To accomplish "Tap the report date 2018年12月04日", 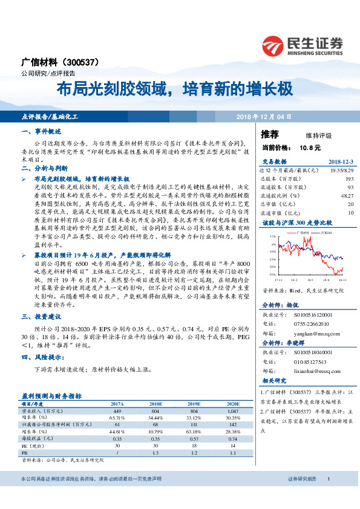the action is point(263,115).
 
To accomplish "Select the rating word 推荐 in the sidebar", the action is point(270,134).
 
